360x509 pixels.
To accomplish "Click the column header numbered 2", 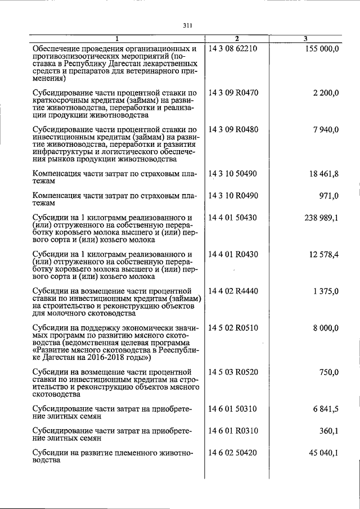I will tap(237, 39).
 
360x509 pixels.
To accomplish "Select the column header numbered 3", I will tap(305, 39).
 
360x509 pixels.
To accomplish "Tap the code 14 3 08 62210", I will tap(232, 49).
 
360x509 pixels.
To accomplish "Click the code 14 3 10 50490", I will tap(232, 174).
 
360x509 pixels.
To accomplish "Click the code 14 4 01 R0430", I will tap(233, 255).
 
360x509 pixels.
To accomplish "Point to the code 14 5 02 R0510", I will tap(233, 328).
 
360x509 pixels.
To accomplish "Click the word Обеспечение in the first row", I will tap(58, 49).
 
